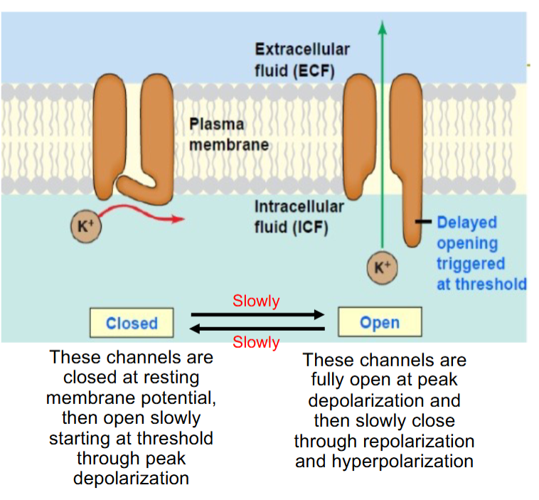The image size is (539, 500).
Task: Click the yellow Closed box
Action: point(132,323)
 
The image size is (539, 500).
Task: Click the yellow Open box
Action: point(380,323)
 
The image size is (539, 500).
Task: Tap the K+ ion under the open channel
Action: point(383,267)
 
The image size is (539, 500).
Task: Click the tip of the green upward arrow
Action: point(383,26)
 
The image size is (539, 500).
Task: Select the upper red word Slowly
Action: point(256,301)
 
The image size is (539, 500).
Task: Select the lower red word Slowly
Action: point(256,342)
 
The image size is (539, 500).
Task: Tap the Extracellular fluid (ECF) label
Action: point(302,60)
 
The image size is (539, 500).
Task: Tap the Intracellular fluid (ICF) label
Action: point(299,217)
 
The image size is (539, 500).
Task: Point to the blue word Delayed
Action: point(466,222)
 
